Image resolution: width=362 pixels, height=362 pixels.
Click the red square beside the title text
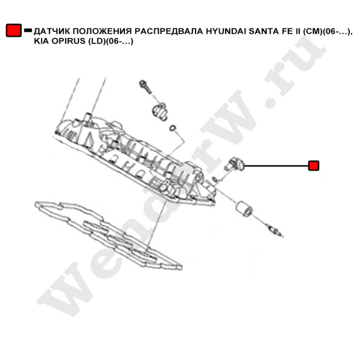[14, 30]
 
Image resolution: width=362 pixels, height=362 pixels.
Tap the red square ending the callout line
[314, 166]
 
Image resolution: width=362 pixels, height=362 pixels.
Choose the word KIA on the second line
[41, 41]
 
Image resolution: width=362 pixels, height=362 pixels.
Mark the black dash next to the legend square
[28, 30]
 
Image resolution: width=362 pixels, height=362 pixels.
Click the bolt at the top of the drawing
[145, 87]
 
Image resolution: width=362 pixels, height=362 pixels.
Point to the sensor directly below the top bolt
[159, 111]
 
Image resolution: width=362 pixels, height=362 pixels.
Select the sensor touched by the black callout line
[234, 165]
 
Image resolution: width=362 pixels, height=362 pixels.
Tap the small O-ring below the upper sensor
[173, 128]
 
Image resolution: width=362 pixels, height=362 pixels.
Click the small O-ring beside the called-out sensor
[215, 179]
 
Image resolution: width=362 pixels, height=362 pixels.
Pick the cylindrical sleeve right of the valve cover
[244, 208]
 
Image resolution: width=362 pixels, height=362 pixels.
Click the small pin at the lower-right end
[275, 230]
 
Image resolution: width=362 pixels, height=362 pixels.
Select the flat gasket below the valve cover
[109, 234]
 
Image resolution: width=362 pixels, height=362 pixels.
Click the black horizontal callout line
[276, 166]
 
